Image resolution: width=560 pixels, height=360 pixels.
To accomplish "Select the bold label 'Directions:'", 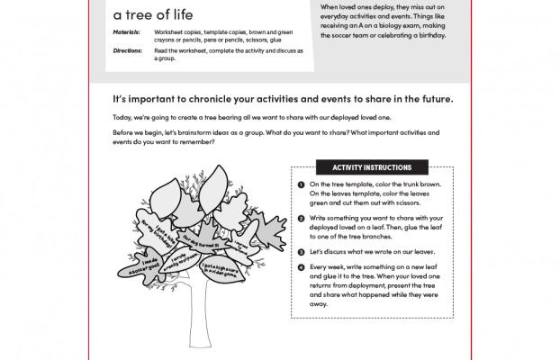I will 130,52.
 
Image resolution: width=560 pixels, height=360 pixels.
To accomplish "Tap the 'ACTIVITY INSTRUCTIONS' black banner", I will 372,167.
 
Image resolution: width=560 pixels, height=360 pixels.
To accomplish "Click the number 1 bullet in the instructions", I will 300,184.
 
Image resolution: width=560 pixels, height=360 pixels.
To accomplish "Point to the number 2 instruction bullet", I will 300,219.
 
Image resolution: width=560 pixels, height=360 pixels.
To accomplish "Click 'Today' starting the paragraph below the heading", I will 122,118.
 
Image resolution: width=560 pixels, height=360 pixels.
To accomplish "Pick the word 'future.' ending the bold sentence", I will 433,99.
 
